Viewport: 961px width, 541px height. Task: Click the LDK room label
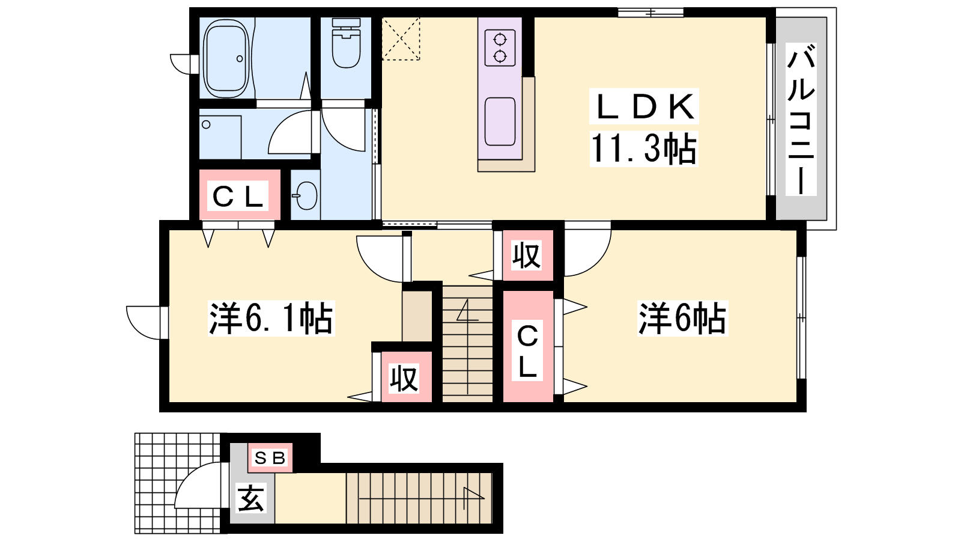point(644,106)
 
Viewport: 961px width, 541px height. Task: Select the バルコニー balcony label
point(801,120)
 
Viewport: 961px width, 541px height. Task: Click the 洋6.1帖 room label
point(271,318)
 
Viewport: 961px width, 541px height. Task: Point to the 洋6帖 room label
point(682,318)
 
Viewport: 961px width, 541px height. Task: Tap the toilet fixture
point(346,43)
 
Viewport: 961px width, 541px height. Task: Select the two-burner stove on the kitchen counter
point(500,47)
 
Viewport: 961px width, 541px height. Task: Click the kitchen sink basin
point(500,122)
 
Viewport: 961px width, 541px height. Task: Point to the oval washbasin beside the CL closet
point(306,195)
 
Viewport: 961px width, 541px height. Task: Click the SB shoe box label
point(270,458)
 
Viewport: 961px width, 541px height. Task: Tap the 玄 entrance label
point(250,498)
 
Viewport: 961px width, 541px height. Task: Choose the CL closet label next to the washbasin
point(237,196)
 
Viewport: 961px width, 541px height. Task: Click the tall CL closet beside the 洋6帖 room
point(528,346)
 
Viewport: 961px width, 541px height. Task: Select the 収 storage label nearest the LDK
point(527,255)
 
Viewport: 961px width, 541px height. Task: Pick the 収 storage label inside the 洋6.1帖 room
point(404,379)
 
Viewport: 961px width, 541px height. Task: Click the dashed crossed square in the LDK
point(401,38)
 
